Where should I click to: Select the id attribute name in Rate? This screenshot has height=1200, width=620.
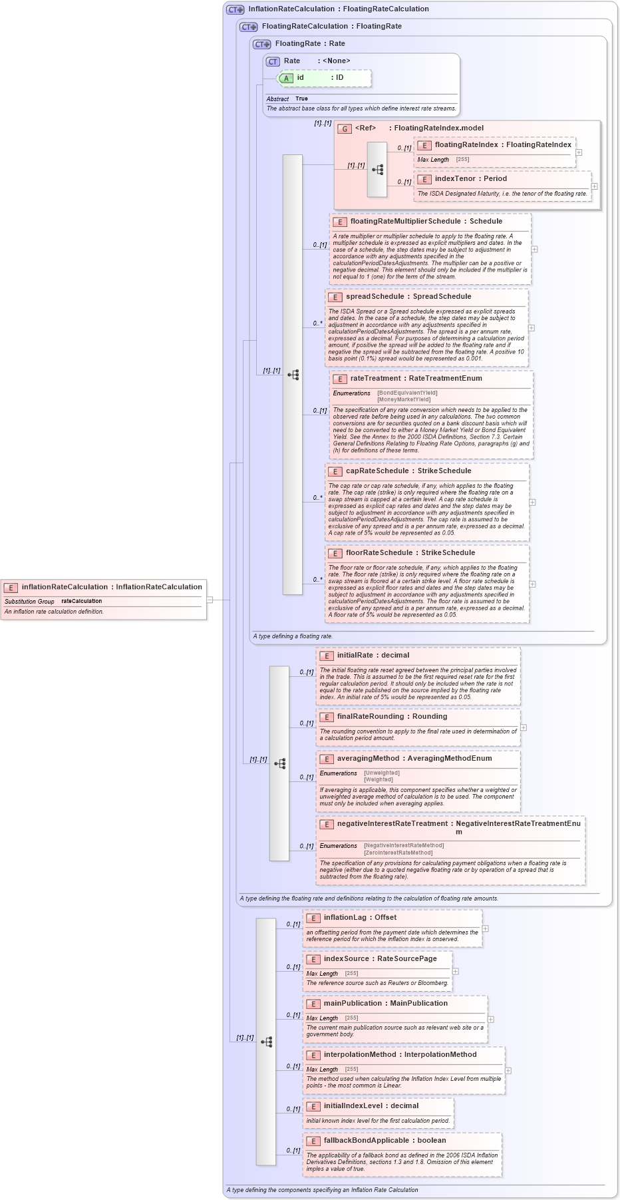[x=301, y=78]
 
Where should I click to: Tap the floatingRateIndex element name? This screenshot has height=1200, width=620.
[x=466, y=144]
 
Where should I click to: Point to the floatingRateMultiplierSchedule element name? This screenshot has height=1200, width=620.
[x=405, y=221]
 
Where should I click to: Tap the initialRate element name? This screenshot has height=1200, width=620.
[x=356, y=655]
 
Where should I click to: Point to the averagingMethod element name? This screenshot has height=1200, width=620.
[x=368, y=758]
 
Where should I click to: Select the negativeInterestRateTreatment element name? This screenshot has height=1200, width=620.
[x=392, y=823]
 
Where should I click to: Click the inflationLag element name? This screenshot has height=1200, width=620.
[x=345, y=917]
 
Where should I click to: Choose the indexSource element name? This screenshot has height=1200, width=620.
[x=346, y=958]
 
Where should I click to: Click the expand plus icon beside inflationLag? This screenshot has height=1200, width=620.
[x=486, y=928]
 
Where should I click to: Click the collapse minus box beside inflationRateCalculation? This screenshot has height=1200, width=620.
[x=210, y=600]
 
